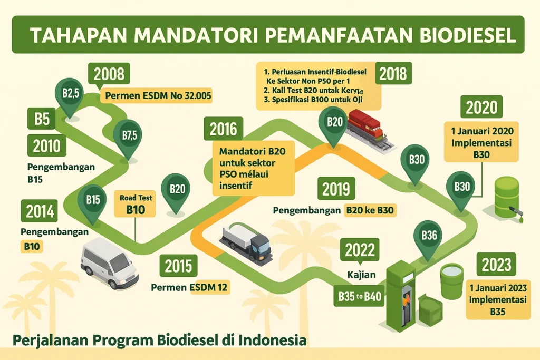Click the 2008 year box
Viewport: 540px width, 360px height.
[109, 74]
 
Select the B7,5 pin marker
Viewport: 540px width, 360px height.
[129, 137]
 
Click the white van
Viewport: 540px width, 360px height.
[109, 261]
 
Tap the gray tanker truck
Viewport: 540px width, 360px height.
[246, 242]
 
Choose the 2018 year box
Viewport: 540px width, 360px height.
[393, 73]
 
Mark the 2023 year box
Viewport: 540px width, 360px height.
[495, 264]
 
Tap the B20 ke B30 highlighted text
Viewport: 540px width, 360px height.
[370, 210]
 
